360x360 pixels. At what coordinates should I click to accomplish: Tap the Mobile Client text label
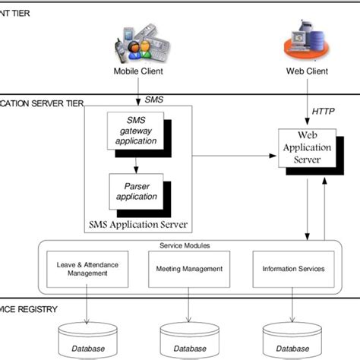138,72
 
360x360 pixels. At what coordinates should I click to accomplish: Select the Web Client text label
306,72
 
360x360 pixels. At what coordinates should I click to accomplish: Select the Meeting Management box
188,268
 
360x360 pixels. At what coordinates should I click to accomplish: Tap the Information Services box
292,268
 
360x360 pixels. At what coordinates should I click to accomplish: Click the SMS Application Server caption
137,225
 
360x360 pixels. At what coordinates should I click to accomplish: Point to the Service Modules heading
185,245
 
